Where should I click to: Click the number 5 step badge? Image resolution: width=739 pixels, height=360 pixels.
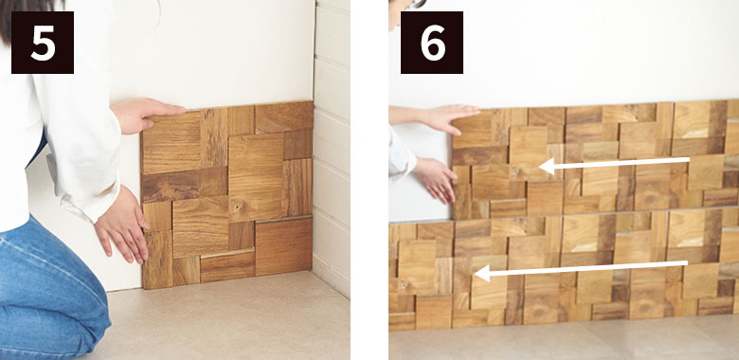click(x=43, y=43)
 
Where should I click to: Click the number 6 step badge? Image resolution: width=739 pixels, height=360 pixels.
click(x=432, y=43)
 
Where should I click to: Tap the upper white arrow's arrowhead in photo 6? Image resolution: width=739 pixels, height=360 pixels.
click(x=548, y=167)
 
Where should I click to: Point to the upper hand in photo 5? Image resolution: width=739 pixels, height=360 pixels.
click(x=146, y=115)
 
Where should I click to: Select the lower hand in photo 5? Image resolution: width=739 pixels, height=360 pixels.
click(x=123, y=225)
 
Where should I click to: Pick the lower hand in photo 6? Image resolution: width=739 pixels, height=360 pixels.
click(x=435, y=179)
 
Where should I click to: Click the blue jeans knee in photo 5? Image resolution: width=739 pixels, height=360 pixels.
click(x=71, y=301)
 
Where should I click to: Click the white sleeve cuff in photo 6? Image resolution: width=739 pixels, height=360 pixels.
click(x=401, y=154)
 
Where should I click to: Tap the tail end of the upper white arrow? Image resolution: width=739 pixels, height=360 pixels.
click(x=689, y=161)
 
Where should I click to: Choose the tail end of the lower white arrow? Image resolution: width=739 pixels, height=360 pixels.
click(x=687, y=263)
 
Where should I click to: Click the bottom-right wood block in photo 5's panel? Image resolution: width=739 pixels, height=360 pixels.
click(x=283, y=247)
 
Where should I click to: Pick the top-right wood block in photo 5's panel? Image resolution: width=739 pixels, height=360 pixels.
click(x=284, y=117)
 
